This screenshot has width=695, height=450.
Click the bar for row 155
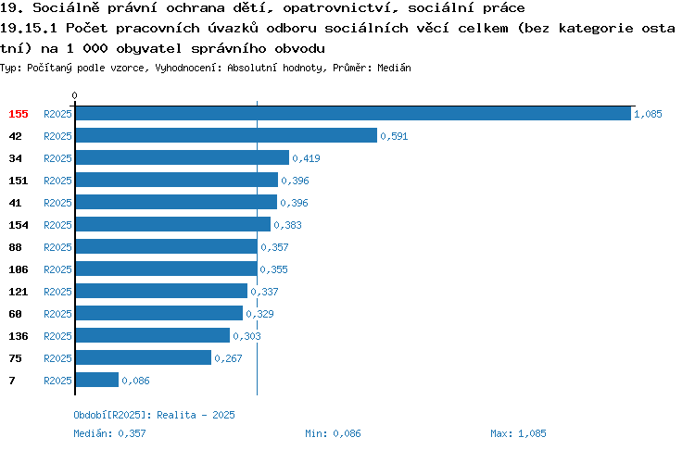(x=353, y=113)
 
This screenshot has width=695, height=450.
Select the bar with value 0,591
(x=226, y=135)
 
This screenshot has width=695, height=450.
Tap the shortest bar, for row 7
(x=97, y=380)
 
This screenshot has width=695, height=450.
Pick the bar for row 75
(x=144, y=357)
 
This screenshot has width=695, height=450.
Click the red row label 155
(x=19, y=114)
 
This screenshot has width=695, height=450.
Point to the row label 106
(x=19, y=269)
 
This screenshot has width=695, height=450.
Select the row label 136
(x=19, y=336)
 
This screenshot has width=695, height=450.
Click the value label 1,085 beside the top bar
(x=648, y=114)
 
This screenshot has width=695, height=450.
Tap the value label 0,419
(x=307, y=158)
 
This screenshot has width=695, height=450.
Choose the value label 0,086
(x=135, y=381)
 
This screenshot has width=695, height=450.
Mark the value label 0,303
(x=246, y=336)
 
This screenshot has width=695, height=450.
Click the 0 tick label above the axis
(x=74, y=95)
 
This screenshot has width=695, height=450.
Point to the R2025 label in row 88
(x=57, y=247)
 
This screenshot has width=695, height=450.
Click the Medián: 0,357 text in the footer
(x=109, y=433)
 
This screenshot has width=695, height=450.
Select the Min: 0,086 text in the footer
(x=333, y=433)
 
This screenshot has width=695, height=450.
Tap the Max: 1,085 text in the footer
(x=518, y=433)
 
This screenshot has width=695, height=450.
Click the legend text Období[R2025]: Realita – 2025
(x=154, y=415)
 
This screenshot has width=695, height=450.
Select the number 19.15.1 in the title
(x=29, y=29)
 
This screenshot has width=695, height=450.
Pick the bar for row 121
(x=162, y=291)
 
